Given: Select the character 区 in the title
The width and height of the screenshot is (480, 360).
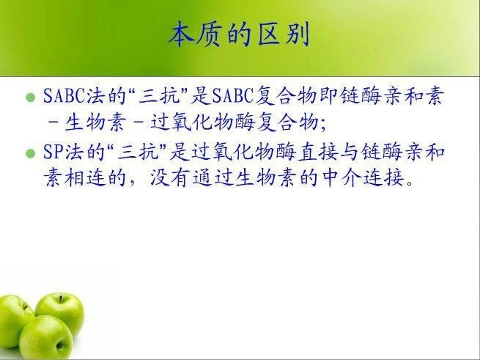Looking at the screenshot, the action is pyautogui.click(x=268, y=34).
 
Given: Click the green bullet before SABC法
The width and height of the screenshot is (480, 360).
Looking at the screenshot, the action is pyautogui.click(x=31, y=98).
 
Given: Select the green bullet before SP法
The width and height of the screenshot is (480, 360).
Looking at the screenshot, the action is pyautogui.click(x=31, y=153).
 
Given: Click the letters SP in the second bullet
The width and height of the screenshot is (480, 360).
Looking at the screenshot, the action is pyautogui.click(x=53, y=152).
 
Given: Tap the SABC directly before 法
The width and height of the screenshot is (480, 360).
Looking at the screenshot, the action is pyautogui.click(x=64, y=96).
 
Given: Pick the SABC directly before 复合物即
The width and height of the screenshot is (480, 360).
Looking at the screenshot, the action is pyautogui.click(x=232, y=96).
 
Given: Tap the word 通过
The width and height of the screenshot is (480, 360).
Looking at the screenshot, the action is pyautogui.click(x=212, y=177).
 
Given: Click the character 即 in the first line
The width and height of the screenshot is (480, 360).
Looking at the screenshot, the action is pyautogui.click(x=328, y=96).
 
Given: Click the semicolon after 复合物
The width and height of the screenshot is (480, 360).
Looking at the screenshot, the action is pyautogui.click(x=323, y=125).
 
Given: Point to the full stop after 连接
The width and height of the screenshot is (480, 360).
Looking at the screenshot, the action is pyautogui.click(x=410, y=183).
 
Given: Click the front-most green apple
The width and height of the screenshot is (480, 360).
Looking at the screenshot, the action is pyautogui.click(x=46, y=337).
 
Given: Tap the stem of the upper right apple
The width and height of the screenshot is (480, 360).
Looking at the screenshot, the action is pyautogui.click(x=61, y=299).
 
